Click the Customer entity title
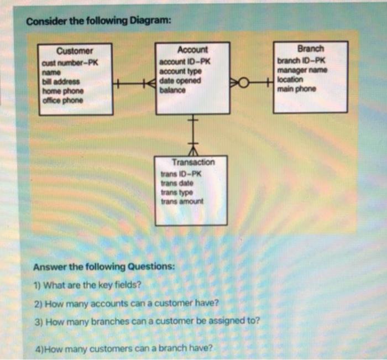coord(74,51)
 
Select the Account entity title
coord(193,49)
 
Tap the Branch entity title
coord(311,48)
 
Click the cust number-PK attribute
coord(70,62)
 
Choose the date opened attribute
coord(180,81)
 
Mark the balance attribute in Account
coord(171,90)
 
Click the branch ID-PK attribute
coord(302,60)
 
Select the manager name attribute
coord(302,70)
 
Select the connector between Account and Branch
coord(252,84)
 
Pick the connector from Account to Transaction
coord(193,135)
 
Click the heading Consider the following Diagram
coord(99,22)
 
